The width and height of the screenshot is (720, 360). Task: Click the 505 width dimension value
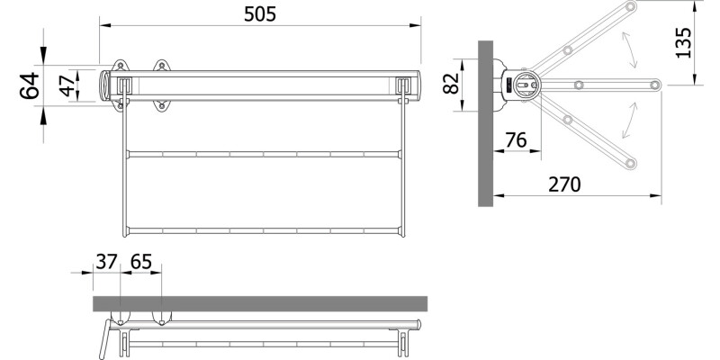[x=260, y=13]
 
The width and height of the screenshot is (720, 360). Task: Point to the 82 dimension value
[x=451, y=84]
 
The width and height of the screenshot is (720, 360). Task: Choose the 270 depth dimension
[x=564, y=184]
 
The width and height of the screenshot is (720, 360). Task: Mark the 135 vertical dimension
[x=683, y=43]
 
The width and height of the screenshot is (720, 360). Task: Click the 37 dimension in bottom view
[x=106, y=262]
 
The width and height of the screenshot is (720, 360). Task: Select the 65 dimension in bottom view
[x=141, y=262]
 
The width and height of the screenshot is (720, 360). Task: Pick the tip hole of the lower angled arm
[x=631, y=163]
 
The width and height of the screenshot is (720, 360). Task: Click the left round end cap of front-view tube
[x=107, y=85]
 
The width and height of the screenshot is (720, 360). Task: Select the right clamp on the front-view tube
[x=404, y=85]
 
